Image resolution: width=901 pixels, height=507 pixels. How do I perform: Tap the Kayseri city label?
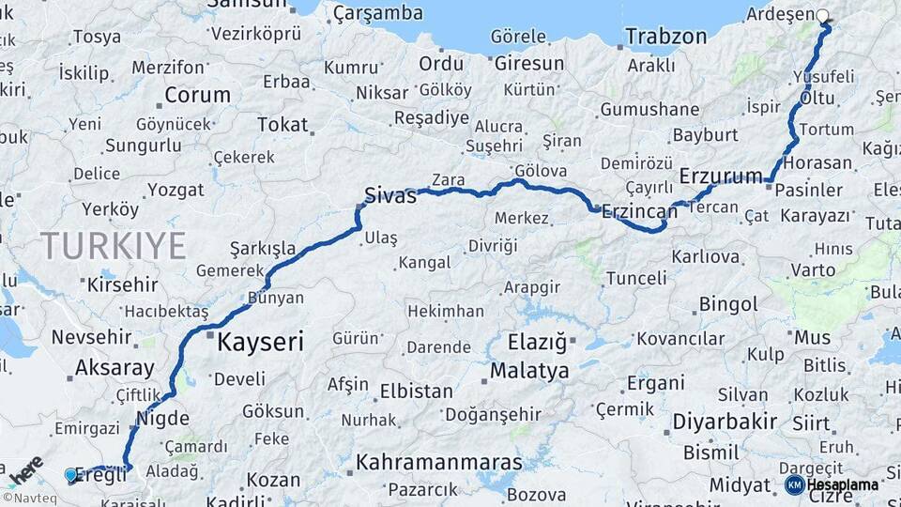point(260,342)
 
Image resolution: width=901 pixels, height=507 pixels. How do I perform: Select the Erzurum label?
point(720,176)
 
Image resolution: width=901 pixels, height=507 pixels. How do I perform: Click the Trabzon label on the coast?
point(665,37)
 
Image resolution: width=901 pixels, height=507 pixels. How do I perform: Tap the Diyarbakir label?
point(724,421)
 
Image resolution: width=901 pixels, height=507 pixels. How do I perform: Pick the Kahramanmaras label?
point(438,463)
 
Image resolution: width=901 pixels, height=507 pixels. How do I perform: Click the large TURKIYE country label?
point(113,246)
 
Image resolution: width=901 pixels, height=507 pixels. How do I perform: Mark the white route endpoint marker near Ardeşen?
point(824,16)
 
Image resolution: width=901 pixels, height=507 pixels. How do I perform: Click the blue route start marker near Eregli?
point(70,475)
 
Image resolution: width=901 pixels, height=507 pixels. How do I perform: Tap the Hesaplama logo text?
point(842,484)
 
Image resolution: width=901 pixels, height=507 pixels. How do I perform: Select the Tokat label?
point(282,124)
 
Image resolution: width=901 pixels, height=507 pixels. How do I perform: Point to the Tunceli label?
point(635,278)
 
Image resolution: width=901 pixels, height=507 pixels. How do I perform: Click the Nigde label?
point(162,418)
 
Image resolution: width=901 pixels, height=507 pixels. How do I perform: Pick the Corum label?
point(197,95)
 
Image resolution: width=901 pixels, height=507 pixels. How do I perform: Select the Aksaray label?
point(114,367)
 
